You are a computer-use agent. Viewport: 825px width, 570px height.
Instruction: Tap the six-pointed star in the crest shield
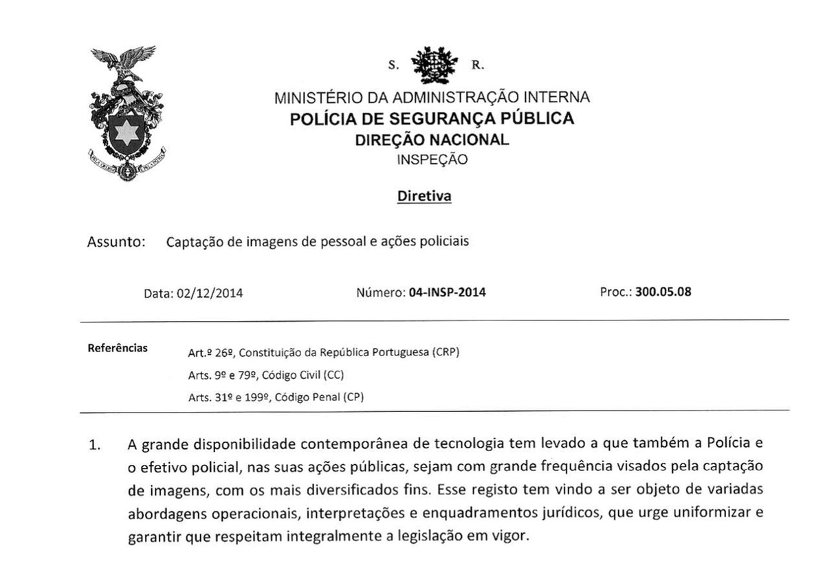[126, 131]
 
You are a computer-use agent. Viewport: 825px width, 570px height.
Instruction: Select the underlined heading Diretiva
[424, 197]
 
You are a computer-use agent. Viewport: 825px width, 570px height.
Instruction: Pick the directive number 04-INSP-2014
[447, 292]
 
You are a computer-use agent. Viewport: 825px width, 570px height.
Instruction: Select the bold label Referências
[118, 347]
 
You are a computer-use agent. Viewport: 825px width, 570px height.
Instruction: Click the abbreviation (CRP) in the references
[445, 353]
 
